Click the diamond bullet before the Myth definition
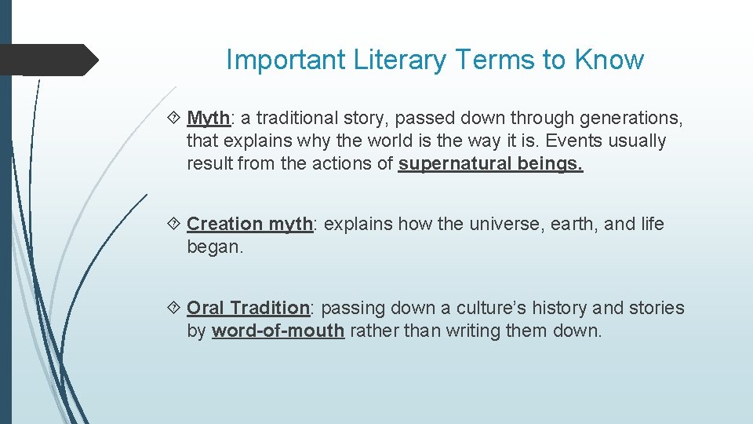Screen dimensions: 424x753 click(x=175, y=119)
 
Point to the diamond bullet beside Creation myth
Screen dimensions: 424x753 click(x=175, y=225)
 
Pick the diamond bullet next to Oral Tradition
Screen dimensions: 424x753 click(x=175, y=309)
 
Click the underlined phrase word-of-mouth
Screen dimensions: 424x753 click(x=278, y=331)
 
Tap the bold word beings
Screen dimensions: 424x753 click(x=550, y=164)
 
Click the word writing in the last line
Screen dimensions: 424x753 click(x=473, y=331)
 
